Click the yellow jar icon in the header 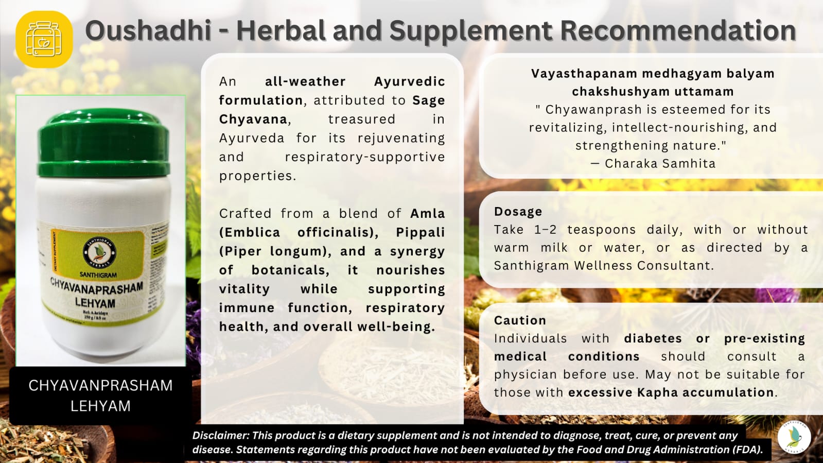[44, 39]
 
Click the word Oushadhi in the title [148, 30]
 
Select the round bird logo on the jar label [99, 252]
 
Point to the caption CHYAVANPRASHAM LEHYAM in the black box [100, 396]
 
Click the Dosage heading [518, 212]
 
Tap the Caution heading [520, 320]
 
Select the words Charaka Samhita [660, 164]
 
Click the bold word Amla [427, 213]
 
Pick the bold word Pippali [420, 232]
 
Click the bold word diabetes [653, 338]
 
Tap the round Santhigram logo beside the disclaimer [794, 437]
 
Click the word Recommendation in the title [678, 30]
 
